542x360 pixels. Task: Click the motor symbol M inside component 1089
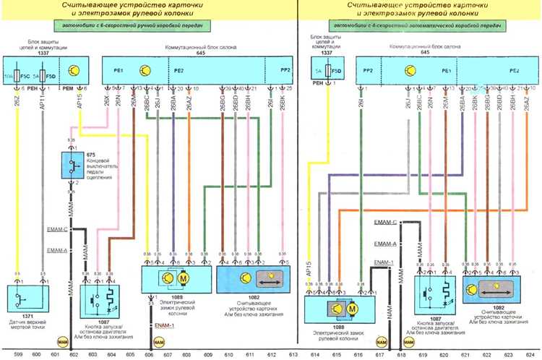[x=183, y=278]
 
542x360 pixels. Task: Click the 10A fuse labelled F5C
[x=17, y=74]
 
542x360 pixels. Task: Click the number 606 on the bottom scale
[x=149, y=354]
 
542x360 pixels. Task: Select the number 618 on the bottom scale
[x=399, y=354]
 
